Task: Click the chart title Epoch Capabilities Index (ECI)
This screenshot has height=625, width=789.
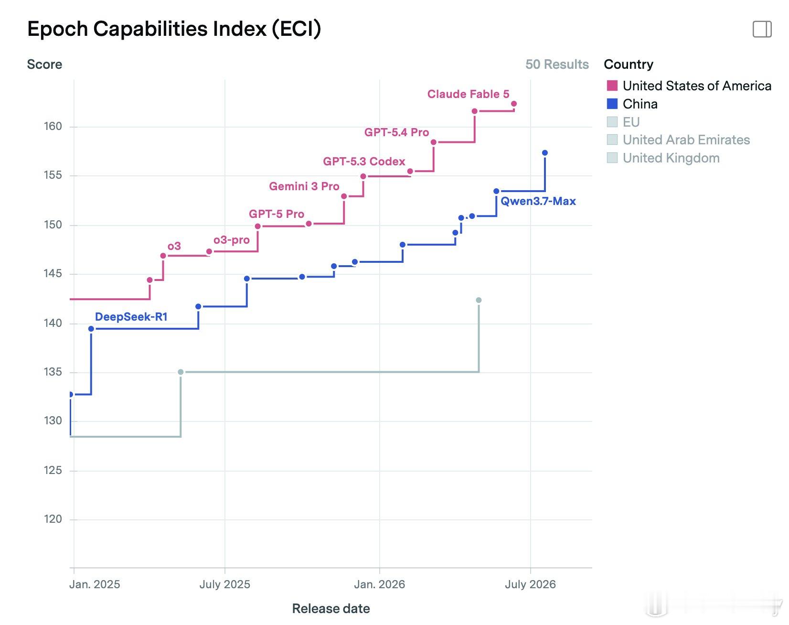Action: click(x=174, y=29)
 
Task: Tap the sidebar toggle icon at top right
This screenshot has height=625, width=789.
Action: click(x=762, y=29)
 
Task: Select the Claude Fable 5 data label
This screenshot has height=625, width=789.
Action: click(x=468, y=94)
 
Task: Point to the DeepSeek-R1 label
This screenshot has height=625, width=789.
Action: click(x=131, y=317)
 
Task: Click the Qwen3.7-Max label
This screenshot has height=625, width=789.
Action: click(x=538, y=201)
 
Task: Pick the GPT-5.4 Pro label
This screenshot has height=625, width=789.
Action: click(x=396, y=132)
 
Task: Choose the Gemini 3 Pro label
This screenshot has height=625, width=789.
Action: click(x=304, y=186)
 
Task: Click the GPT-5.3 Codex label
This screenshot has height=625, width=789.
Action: click(x=364, y=162)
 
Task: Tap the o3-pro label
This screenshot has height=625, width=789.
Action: click(x=232, y=240)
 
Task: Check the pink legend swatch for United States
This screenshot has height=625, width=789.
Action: click(x=612, y=86)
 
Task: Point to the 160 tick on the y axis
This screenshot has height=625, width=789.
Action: click(x=53, y=126)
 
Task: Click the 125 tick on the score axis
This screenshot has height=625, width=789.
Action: click(x=53, y=470)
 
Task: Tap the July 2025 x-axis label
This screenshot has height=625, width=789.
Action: click(x=224, y=584)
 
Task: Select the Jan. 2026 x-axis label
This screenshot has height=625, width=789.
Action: click(x=379, y=584)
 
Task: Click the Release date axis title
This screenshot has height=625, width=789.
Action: click(x=331, y=609)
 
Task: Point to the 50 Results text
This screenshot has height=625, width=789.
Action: click(x=557, y=65)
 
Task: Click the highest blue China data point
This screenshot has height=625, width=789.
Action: click(x=545, y=153)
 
